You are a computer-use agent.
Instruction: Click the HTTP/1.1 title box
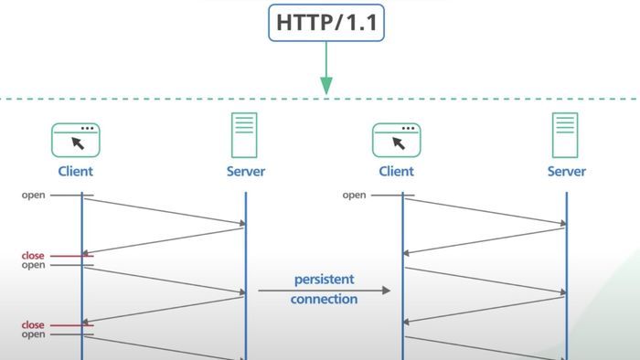325,22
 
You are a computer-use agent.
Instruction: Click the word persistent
324,278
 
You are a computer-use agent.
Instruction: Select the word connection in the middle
324,299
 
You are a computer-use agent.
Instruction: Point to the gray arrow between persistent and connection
324,290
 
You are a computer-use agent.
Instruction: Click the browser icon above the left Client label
76,139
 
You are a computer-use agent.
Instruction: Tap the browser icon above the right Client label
396,139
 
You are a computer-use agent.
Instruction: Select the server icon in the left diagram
244,135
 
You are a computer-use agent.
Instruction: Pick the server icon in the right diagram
566,135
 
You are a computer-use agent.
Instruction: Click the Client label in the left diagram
75,171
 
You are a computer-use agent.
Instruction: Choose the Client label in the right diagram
396,171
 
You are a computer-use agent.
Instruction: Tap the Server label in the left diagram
245,171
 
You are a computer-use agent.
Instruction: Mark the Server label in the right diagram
567,171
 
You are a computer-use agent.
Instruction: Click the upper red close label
33,256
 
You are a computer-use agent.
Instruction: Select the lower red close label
33,325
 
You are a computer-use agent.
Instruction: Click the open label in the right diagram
354,195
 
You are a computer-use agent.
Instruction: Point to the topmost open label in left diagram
34,195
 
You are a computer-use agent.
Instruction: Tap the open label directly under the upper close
33,265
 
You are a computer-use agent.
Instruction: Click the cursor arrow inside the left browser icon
79,143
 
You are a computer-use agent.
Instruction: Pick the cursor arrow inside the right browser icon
399,143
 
